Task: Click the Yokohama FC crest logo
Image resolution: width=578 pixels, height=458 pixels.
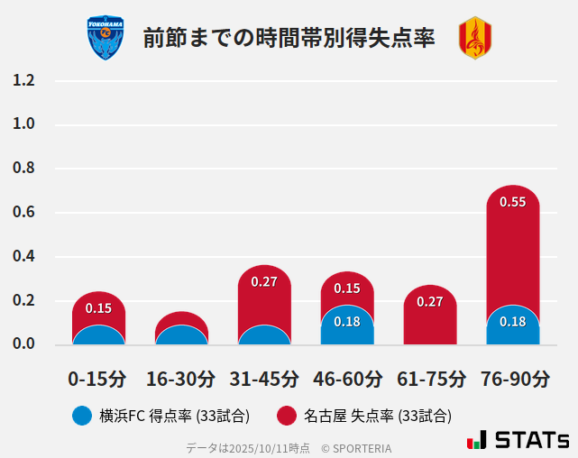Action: [x=106, y=38]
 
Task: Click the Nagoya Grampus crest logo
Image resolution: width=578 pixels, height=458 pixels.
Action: [x=474, y=38]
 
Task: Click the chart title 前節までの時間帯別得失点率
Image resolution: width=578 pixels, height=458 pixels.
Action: [x=289, y=38]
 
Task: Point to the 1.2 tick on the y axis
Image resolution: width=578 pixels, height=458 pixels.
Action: [x=23, y=80]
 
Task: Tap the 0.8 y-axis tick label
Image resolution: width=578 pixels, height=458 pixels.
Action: [x=23, y=169]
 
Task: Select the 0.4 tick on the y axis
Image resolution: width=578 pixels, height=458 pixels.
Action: [x=23, y=257]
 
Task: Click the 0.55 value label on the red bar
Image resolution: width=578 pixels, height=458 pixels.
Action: [x=512, y=202]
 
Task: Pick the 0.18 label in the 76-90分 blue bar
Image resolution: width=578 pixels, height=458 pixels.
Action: [x=512, y=322]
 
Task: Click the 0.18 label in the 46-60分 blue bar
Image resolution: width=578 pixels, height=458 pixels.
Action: [x=347, y=322]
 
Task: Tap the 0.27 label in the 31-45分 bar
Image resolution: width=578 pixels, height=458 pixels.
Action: [x=264, y=282]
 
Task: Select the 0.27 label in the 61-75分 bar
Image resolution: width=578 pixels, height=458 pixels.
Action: [x=430, y=301]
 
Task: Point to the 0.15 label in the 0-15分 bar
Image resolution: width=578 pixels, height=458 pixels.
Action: [x=98, y=308]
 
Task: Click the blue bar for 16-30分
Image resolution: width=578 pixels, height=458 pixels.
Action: [x=181, y=335]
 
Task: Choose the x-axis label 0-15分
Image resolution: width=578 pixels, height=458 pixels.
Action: [x=98, y=378]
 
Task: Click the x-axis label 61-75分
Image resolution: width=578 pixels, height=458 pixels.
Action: [x=431, y=378]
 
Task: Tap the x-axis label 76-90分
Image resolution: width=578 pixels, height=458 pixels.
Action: [x=514, y=378]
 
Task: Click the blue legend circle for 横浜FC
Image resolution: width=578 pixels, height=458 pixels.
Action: [x=82, y=416]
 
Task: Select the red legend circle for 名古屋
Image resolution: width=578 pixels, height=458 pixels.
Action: [x=287, y=416]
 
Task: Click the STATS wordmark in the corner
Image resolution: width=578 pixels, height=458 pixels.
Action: [x=532, y=440]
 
